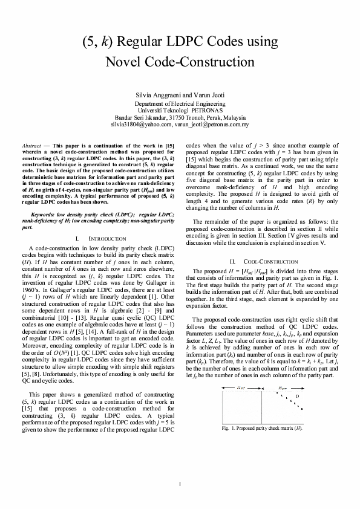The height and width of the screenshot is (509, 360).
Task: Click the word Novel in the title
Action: point(127,62)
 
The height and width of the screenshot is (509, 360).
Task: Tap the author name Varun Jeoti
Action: point(208,96)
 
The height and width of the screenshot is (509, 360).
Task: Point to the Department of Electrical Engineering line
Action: point(180,104)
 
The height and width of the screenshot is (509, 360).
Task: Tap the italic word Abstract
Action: point(31,146)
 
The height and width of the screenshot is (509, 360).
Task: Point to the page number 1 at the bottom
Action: point(180,484)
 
